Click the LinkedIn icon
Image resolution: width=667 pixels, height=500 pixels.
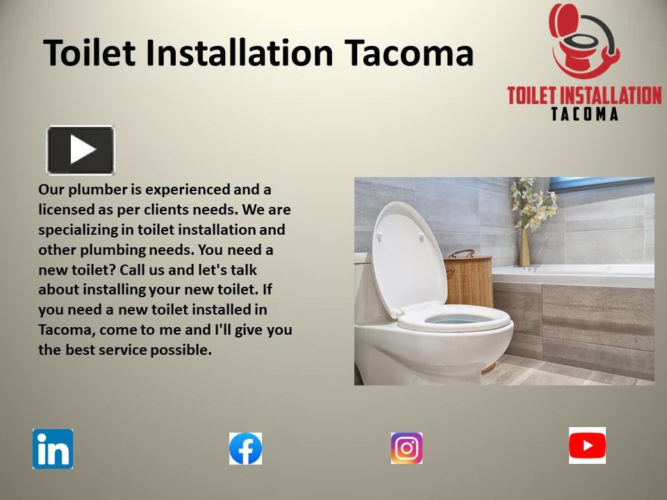coord(53,449)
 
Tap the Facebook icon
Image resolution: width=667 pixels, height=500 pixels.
coord(246,449)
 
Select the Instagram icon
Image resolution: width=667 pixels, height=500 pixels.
coord(406,448)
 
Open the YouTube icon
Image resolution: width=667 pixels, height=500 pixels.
coord(587,446)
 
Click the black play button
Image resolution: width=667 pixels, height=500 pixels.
coord(81,149)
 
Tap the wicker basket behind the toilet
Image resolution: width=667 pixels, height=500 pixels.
coord(469,278)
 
